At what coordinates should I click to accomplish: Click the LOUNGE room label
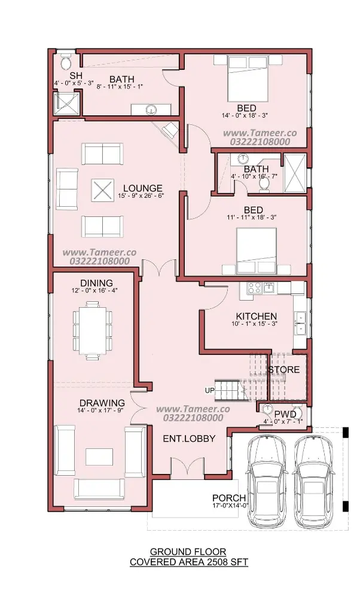click(x=142, y=188)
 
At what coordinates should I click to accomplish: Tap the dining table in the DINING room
click(x=93, y=331)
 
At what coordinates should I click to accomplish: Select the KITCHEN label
click(x=256, y=316)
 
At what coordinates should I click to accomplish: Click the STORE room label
click(x=284, y=369)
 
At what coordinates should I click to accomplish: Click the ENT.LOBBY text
click(x=189, y=438)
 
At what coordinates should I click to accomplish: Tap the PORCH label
click(x=229, y=498)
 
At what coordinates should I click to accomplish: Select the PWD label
click(x=285, y=414)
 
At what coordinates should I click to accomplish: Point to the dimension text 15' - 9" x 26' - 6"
click(x=141, y=195)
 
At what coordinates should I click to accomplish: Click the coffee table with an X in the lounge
click(x=103, y=191)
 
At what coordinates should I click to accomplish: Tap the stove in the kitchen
click(x=254, y=288)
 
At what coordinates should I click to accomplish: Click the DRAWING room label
click(x=102, y=403)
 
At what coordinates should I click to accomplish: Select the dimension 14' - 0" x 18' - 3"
click(x=245, y=115)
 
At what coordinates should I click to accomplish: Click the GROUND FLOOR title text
click(x=188, y=552)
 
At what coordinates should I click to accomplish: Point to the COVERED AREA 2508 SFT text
click(x=188, y=562)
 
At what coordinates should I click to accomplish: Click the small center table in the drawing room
click(x=99, y=457)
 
